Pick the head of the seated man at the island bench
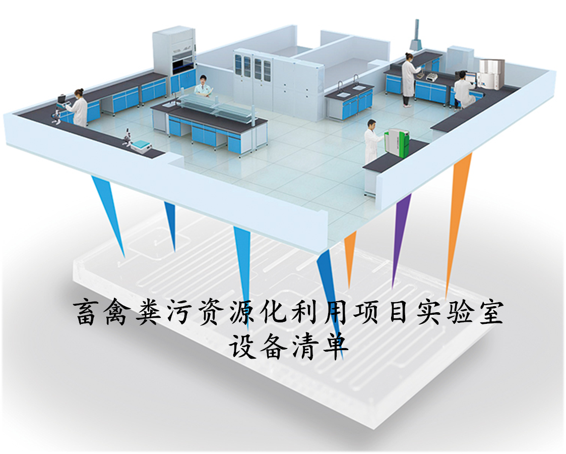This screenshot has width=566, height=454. coord(203,79)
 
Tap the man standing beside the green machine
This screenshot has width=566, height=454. coord(372,141)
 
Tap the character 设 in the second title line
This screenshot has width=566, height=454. coord(242,345)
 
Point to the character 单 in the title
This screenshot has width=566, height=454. coord(335,345)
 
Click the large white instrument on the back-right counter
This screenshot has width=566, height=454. coord(491,74)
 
